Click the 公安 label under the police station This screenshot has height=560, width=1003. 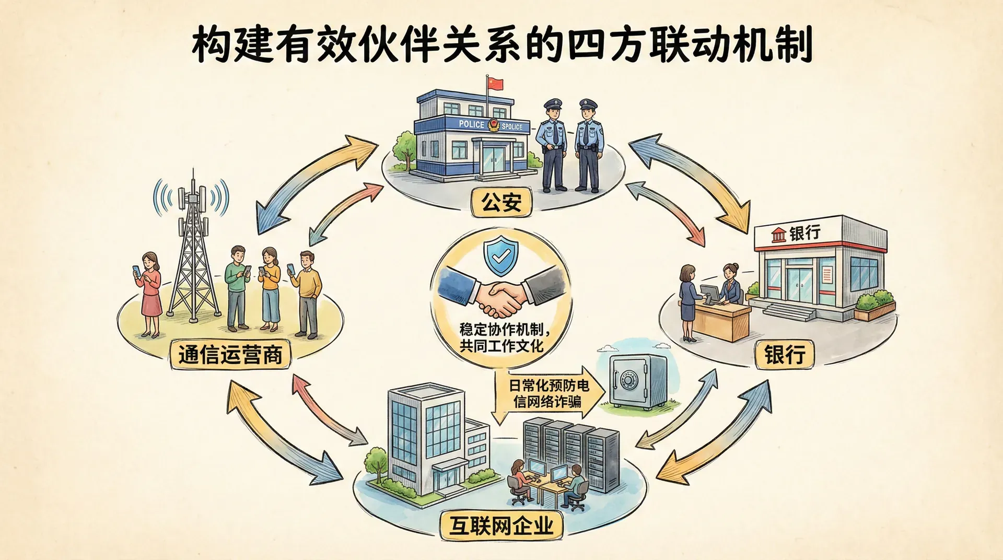pos(501,202)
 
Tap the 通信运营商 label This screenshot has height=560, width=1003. pos(230,355)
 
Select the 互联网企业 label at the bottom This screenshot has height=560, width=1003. pos(501,525)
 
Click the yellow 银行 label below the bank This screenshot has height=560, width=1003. pos(784,355)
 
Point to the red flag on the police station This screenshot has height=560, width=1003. pos(495,84)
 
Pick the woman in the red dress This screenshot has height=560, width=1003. pos(150,293)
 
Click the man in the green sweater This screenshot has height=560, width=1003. pos(238,287)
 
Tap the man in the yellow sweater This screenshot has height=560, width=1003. pos(307,293)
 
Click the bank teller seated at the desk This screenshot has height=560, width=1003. pos(730,285)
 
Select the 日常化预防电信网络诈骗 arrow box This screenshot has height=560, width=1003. pos(549,393)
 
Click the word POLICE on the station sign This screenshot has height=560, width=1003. pos(471,124)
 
